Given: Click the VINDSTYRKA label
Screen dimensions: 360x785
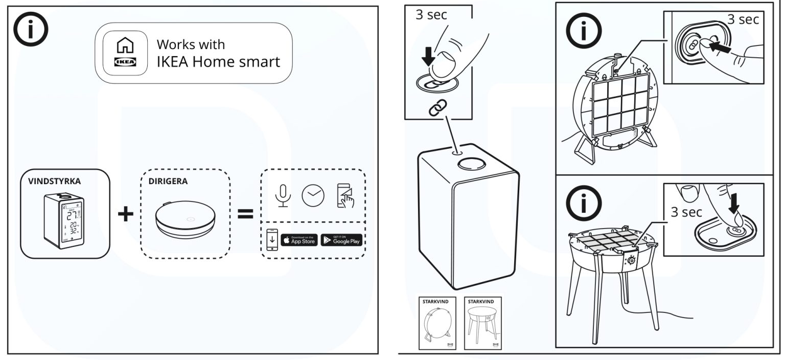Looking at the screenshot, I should [55, 181].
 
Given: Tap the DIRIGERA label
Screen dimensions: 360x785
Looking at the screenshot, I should [167, 181].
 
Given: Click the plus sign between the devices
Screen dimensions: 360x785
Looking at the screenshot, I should [125, 214].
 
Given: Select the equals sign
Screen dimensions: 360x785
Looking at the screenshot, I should [245, 214].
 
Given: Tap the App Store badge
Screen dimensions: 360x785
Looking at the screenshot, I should [299, 240].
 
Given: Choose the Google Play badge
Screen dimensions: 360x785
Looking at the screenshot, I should [341, 240].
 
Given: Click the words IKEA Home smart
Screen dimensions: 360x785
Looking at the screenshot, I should [218, 62].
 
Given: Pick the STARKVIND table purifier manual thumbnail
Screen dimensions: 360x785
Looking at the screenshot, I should [483, 322].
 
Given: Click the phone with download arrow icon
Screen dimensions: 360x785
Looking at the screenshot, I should [272, 240].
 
